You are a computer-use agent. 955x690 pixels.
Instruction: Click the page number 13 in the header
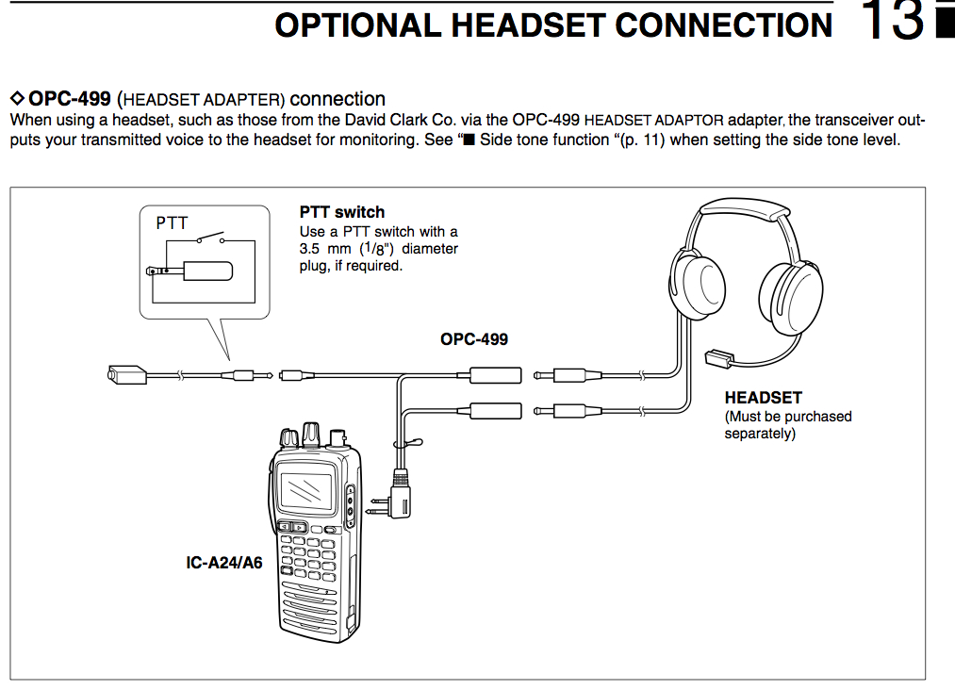(x=893, y=22)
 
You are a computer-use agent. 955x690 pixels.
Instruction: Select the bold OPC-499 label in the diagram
(x=473, y=338)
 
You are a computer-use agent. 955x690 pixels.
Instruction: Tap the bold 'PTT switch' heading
(x=342, y=212)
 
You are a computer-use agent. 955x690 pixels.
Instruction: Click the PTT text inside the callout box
(x=172, y=223)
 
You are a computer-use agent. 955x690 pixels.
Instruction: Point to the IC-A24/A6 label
(x=223, y=565)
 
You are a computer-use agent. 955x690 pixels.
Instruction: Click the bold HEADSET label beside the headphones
(x=763, y=399)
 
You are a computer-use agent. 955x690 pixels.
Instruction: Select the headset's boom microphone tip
(x=718, y=358)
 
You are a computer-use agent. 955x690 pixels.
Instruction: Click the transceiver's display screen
(x=307, y=490)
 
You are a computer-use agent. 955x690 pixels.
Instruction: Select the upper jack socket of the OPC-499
(x=495, y=375)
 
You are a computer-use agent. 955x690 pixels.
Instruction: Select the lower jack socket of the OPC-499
(x=495, y=410)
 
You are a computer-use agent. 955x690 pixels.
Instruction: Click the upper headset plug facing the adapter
(x=570, y=375)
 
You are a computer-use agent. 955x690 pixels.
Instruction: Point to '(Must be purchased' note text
(x=787, y=417)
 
